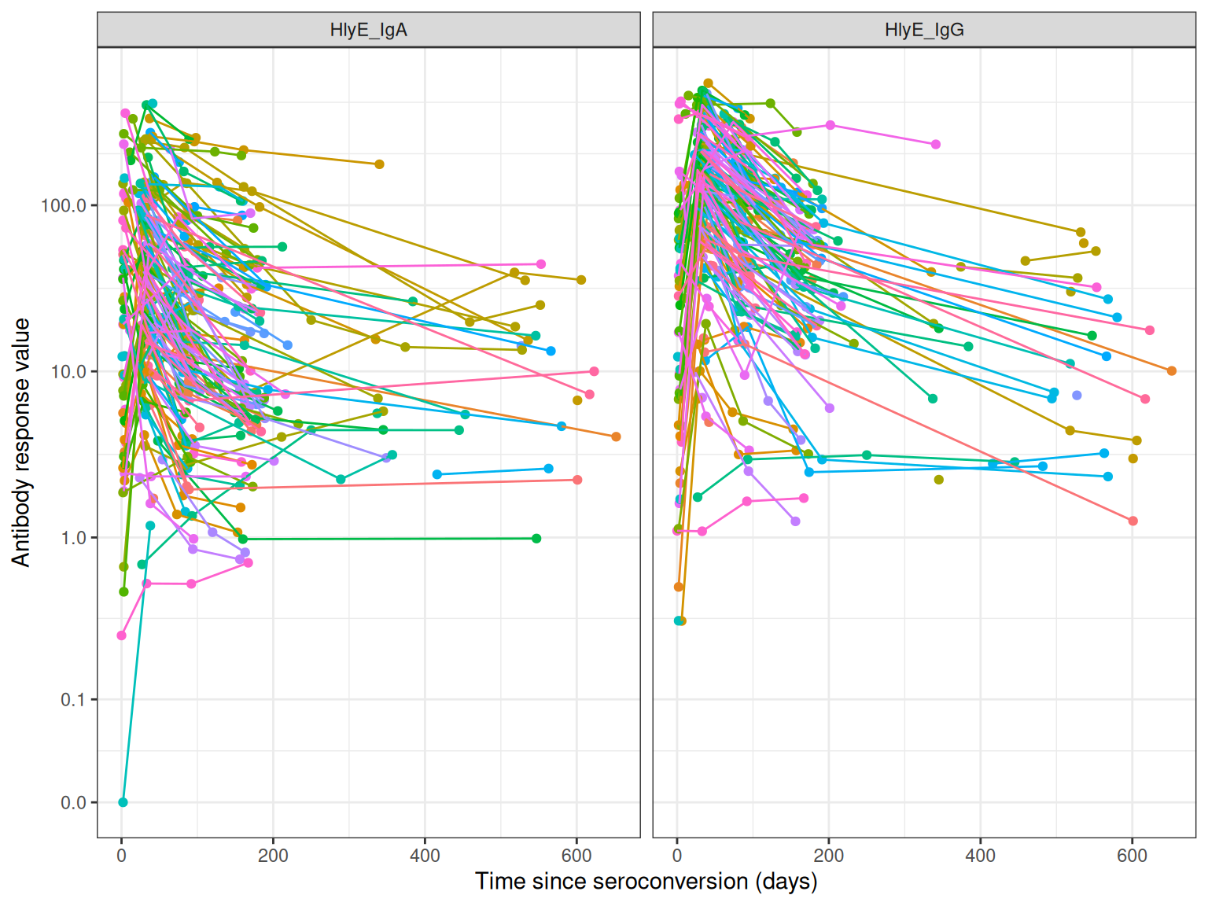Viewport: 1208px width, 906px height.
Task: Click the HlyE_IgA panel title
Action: click(x=368, y=31)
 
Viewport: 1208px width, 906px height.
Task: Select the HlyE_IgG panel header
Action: click(x=924, y=31)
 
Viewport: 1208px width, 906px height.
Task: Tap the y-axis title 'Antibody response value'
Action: click(x=21, y=442)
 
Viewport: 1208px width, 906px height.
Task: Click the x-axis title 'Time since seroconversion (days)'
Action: click(x=646, y=882)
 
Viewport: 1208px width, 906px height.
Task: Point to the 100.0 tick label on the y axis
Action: click(x=64, y=205)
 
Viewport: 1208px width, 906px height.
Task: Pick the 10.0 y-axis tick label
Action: click(x=68, y=372)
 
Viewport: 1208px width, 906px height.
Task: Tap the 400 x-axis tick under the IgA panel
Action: click(x=425, y=856)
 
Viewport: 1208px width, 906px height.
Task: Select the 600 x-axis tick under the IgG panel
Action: click(x=1132, y=856)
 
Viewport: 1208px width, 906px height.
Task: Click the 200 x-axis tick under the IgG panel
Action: click(x=828, y=856)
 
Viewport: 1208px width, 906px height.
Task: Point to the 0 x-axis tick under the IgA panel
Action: click(x=121, y=856)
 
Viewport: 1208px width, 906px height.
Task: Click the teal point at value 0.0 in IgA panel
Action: click(x=123, y=802)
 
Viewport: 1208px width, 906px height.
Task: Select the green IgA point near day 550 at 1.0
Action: click(x=536, y=539)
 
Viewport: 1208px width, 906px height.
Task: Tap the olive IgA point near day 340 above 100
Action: click(x=379, y=164)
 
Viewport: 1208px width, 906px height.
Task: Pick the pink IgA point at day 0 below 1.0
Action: click(x=121, y=635)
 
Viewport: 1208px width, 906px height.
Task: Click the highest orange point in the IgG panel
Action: click(x=708, y=83)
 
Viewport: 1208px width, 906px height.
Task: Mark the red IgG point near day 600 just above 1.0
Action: click(x=1132, y=521)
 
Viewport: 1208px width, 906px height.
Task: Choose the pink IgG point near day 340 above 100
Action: click(x=936, y=145)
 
